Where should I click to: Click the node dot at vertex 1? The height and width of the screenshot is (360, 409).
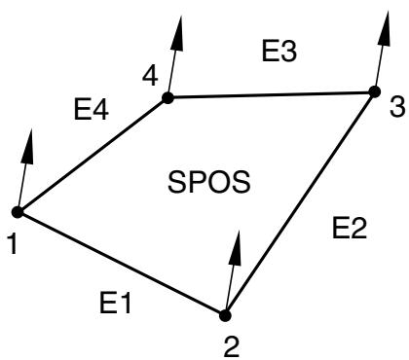tap(18, 212)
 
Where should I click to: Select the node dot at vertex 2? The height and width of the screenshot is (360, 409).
tap(225, 315)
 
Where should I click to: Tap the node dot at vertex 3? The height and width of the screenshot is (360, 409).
tap(375, 91)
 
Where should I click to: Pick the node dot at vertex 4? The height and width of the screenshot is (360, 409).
tap(167, 97)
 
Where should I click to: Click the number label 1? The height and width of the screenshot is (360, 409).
tap(13, 244)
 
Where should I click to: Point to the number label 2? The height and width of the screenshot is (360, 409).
tap(232, 347)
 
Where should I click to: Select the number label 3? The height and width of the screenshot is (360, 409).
tap(397, 107)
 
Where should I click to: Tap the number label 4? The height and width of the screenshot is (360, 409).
tap(150, 76)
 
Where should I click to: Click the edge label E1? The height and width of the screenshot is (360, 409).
tap(115, 303)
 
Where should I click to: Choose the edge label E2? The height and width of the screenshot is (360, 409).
tap(350, 228)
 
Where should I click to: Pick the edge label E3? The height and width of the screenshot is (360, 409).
tap(279, 51)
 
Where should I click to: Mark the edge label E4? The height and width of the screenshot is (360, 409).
tap(92, 110)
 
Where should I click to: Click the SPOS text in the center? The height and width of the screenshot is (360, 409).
tap(209, 182)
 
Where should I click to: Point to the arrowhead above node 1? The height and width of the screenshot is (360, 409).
tap(28, 146)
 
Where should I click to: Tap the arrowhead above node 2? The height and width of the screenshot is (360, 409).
tap(236, 248)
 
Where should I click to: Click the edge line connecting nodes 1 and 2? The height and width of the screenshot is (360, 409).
tap(121, 264)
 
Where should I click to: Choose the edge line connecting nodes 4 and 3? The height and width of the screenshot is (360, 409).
tap(271, 94)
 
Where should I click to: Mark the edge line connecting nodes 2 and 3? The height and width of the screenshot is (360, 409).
tap(300, 203)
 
